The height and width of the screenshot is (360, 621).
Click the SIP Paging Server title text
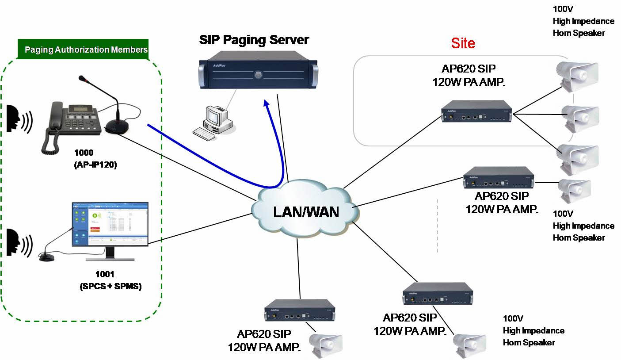pos(254,40)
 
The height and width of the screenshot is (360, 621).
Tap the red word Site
pos(463,43)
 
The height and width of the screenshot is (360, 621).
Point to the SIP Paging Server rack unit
pos(257,69)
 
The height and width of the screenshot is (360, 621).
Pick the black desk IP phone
pos(71,122)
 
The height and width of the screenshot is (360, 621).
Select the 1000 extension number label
pos(84,153)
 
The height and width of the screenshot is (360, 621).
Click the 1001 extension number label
pos(105,275)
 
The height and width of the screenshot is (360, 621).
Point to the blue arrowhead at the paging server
pos(267,104)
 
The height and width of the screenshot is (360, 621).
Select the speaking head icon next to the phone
pos(19,119)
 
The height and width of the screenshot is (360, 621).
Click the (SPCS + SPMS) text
pos(110,286)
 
